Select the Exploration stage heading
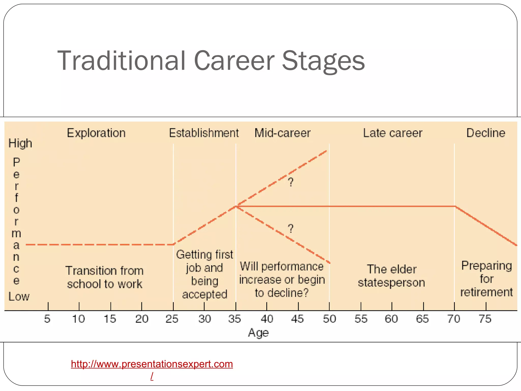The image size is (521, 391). (96, 133)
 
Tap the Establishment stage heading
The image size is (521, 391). (204, 133)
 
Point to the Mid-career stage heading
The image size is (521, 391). (282, 133)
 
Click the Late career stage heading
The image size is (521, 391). (393, 133)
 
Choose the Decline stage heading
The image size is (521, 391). (486, 133)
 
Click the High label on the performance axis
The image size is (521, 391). (20, 143)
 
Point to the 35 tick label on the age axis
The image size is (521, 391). (235, 319)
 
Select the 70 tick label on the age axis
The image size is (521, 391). (454, 319)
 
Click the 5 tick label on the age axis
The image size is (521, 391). (47, 319)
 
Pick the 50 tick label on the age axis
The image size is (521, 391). (329, 319)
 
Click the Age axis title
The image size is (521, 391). (258, 332)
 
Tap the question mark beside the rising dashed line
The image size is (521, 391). (291, 182)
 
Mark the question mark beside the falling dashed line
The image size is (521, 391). (291, 228)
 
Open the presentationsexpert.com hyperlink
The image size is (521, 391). (152, 364)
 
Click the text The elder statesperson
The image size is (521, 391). (392, 276)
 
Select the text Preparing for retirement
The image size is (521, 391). (486, 279)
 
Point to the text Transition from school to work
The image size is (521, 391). (105, 277)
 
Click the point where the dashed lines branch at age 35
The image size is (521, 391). (236, 206)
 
